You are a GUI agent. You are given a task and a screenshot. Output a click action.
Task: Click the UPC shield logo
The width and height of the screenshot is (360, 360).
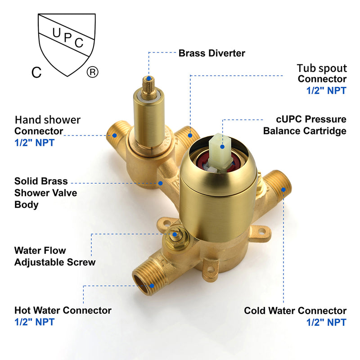click(67, 43)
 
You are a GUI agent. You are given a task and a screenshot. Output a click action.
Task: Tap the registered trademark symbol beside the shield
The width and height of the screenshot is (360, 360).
click(92, 72)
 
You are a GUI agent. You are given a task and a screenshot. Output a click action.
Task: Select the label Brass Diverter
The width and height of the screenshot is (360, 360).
click(212, 53)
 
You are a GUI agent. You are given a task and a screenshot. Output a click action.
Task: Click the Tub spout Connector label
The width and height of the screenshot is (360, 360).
click(322, 74)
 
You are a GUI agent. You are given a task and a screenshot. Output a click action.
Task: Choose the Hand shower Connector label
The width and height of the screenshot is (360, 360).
click(47, 126)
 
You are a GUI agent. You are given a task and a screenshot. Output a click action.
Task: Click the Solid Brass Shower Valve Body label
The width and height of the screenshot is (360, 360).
click(45, 193)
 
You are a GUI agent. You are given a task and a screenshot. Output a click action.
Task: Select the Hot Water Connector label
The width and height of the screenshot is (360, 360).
click(63, 310)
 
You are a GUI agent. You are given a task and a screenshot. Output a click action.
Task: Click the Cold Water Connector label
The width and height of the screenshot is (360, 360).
click(295, 310)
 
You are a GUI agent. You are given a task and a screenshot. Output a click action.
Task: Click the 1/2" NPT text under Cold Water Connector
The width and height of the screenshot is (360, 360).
click(326, 322)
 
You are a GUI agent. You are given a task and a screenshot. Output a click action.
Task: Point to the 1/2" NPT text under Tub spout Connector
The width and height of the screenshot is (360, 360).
click(326, 90)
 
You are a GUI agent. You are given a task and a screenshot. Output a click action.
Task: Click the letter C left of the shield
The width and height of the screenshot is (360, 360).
click(36, 72)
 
